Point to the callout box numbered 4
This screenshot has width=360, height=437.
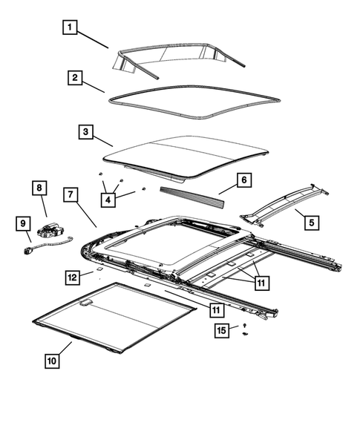110,199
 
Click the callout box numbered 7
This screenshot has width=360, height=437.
70,195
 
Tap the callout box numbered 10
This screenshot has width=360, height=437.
51,361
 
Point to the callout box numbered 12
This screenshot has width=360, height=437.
72,277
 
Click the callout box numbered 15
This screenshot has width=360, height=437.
221,329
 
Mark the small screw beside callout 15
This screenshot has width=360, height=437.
244,327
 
